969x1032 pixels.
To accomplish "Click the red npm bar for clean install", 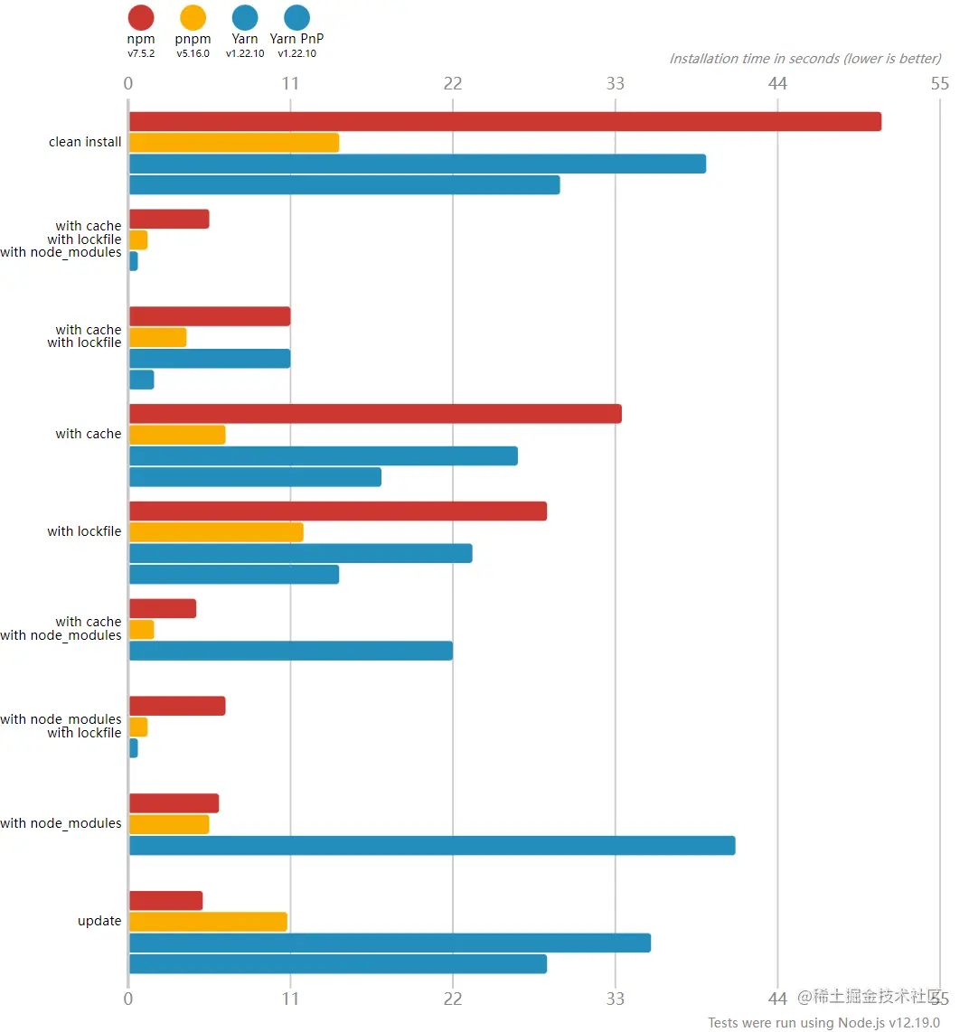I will pos(504,122).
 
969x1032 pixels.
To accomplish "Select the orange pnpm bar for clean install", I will pos(234,143).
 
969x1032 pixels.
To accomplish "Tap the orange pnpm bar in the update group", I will pos(208,922).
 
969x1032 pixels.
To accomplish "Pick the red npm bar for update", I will pos(165,901).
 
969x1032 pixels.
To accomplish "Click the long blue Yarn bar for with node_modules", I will pos(432,846).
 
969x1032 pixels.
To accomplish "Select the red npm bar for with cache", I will pos(375,414).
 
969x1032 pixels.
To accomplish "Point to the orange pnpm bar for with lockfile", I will pos(216,532).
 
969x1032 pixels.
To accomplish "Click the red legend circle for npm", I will pos(141,17).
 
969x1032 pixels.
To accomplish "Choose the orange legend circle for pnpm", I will pos(193,17).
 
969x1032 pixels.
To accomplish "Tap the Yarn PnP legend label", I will pos(296,39).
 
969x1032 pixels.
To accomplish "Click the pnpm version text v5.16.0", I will pos(193,53).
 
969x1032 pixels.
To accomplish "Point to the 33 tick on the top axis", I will pos(615,84).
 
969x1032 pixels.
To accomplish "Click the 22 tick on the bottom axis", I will pos(453,998).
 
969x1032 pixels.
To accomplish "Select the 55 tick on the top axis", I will pos(940,84).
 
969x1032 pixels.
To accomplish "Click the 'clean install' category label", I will pos(85,142).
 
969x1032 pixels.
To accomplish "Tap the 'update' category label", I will pos(99,921).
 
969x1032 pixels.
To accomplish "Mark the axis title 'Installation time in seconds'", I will pos(804,59).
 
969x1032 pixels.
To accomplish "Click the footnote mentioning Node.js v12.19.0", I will pos(823,1022).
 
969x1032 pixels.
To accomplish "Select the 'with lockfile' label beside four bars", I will pos(84,531).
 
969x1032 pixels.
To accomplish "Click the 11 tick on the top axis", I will pos(290,84).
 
